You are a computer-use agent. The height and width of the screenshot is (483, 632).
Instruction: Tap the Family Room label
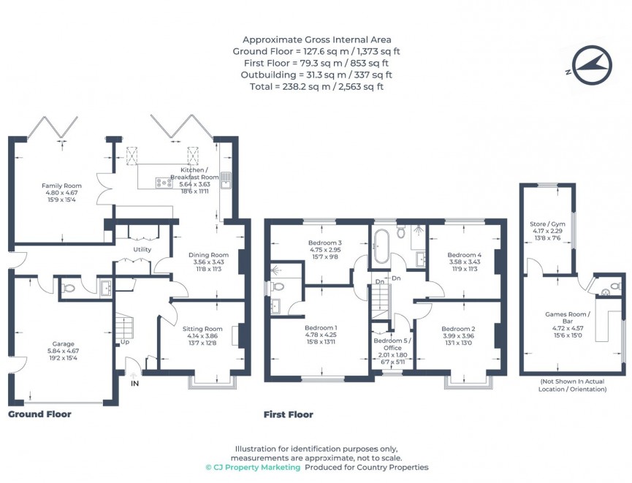61,186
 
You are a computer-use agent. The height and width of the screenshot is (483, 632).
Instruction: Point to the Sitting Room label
202,330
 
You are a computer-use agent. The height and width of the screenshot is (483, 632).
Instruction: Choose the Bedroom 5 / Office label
392,344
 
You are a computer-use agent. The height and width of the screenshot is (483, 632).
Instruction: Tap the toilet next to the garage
69,288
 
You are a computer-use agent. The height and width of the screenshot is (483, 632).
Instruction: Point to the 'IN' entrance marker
134,382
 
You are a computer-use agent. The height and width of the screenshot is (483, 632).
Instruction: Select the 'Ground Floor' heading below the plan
39,414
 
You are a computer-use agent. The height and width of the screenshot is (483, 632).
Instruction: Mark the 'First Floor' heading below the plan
288,414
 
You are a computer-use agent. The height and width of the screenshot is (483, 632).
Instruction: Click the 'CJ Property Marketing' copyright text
253,467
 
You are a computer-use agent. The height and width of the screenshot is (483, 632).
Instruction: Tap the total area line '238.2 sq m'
316,86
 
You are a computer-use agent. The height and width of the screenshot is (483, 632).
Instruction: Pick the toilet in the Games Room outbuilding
614,286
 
